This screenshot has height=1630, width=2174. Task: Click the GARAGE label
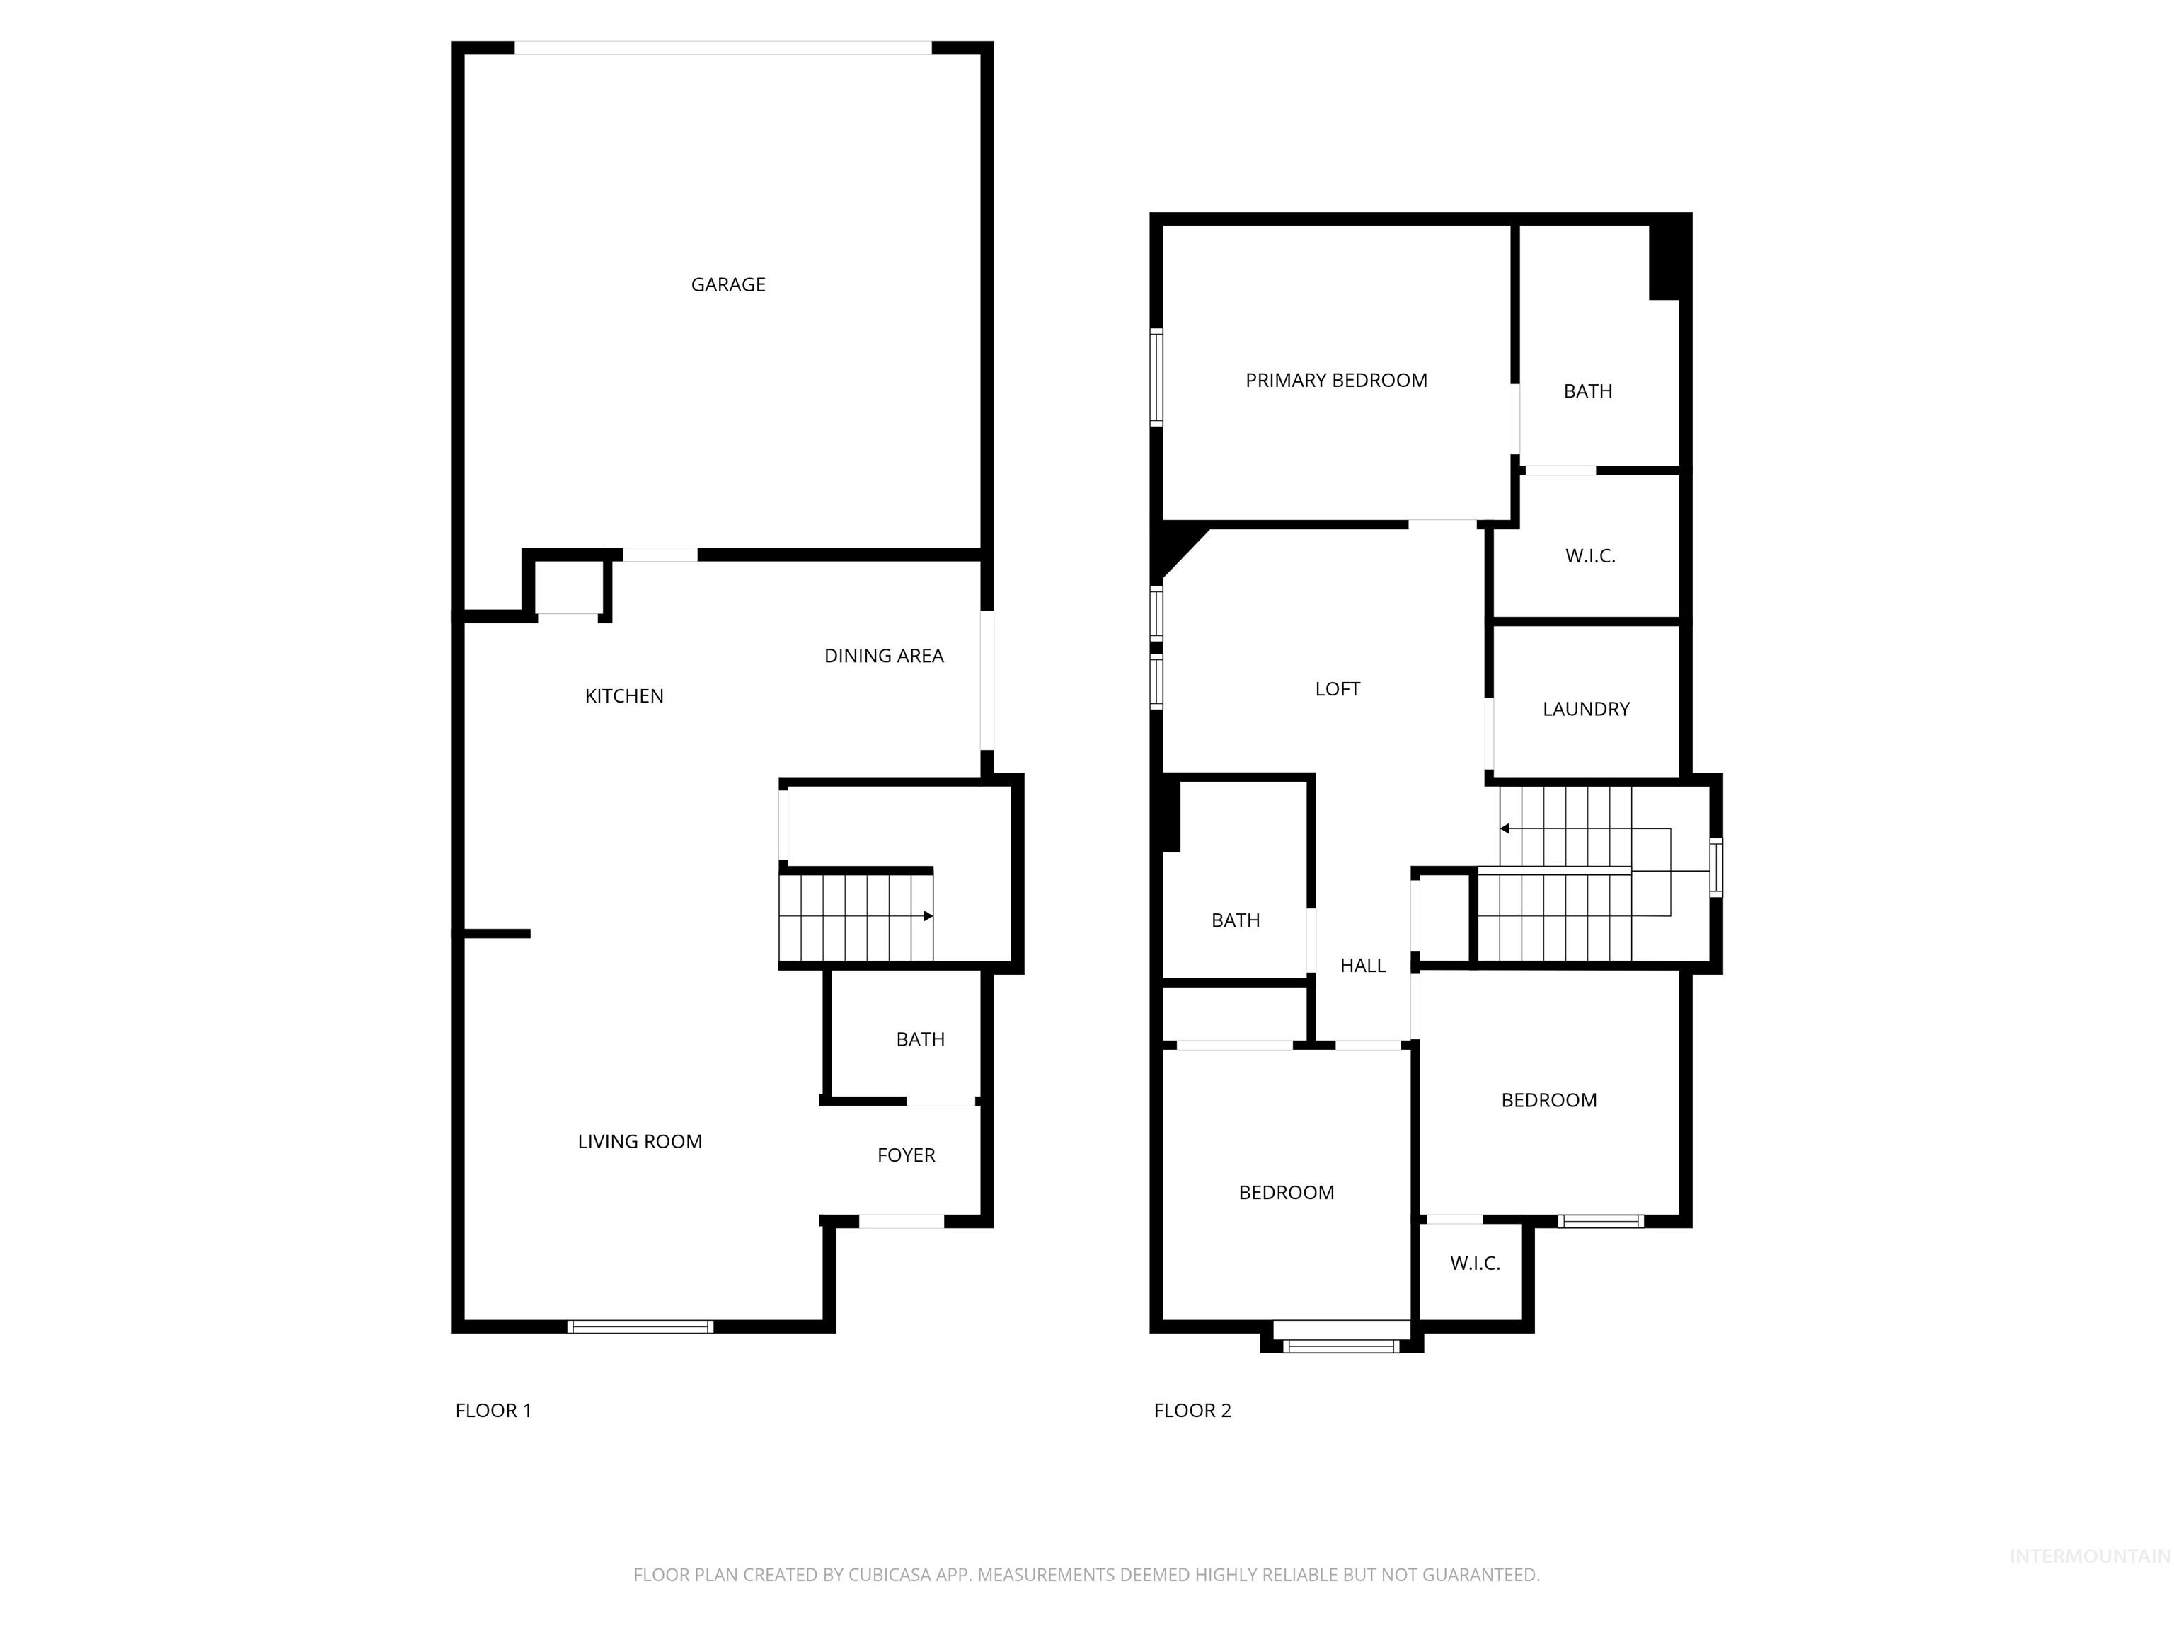tap(727, 285)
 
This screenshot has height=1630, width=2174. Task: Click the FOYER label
tap(906, 1155)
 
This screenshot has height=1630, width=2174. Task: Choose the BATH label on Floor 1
tap(920, 1039)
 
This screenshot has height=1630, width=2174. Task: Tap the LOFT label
tap(1338, 690)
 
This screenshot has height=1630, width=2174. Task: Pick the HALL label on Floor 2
tap(1362, 966)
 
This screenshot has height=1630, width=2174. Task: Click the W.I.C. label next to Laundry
tap(1590, 556)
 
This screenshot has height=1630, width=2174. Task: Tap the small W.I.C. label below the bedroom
tap(1474, 1264)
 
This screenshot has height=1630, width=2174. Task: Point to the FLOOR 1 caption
tap(493, 1411)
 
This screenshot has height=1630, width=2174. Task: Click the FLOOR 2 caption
tap(1192, 1411)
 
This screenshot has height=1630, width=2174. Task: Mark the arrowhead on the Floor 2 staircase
tap(1505, 829)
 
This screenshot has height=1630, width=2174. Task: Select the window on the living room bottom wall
tap(640, 1327)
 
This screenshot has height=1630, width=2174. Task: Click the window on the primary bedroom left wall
tap(1157, 377)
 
